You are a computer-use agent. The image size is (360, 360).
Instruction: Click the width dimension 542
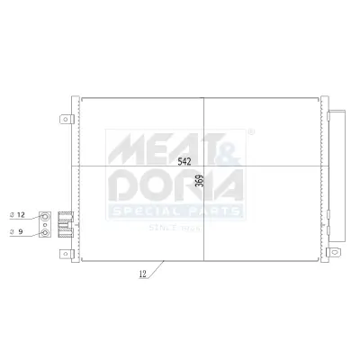point(184,162)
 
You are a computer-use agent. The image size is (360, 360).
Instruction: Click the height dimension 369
point(201,184)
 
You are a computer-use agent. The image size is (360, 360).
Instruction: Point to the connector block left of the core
point(66,223)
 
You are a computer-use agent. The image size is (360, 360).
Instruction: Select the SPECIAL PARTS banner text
point(175,211)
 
